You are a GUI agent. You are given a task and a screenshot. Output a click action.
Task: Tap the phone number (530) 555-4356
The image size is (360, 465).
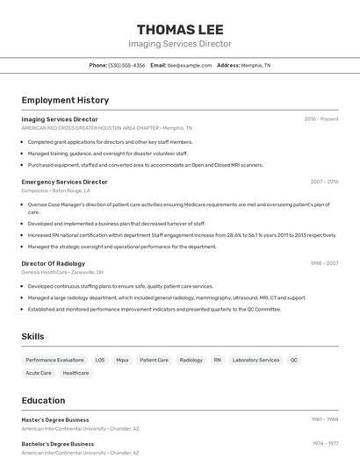127,66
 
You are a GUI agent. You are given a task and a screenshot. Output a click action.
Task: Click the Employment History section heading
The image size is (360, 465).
65,101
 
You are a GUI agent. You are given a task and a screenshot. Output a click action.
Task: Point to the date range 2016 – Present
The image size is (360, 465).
321,119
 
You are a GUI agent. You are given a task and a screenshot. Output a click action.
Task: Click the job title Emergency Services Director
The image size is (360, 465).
64,182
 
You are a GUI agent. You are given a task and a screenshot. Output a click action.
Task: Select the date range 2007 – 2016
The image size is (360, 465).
324,182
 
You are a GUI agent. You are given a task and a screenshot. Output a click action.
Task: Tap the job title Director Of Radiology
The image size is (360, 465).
54,263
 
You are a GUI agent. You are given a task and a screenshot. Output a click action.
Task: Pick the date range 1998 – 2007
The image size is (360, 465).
324,263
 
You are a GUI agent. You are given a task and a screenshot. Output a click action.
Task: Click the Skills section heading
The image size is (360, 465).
32,337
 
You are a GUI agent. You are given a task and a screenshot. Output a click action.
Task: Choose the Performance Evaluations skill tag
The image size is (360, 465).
54,360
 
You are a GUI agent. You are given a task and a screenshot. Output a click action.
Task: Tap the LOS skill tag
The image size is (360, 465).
100,360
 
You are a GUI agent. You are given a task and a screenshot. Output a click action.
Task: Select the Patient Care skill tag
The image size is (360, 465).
154,360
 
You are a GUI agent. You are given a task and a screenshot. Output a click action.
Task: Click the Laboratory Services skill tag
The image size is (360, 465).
256,360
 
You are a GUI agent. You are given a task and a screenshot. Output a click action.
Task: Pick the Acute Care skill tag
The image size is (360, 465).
39,373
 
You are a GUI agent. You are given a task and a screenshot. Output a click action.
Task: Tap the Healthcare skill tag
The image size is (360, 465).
76,373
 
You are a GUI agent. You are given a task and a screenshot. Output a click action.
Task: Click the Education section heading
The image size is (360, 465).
43,401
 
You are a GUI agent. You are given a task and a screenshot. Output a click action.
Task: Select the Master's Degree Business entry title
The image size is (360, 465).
55,420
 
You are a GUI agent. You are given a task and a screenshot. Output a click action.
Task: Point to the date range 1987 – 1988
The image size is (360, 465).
325,420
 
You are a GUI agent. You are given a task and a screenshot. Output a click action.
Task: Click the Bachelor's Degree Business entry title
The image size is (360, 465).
57,444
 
